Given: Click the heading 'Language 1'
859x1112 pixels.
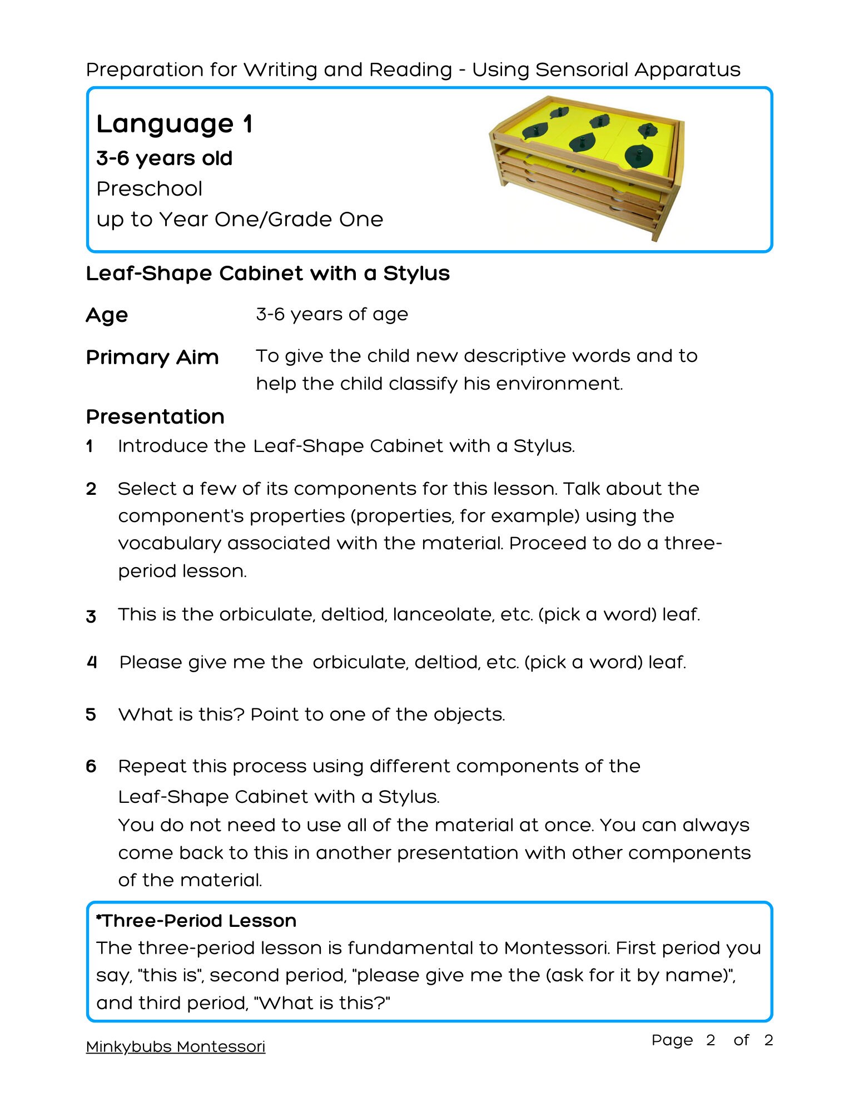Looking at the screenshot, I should click(x=175, y=124).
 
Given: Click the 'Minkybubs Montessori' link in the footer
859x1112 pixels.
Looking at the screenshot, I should click(x=175, y=1047).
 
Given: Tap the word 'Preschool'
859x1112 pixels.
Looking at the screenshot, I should click(x=149, y=189).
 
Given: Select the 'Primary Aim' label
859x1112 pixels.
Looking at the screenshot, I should click(x=152, y=357).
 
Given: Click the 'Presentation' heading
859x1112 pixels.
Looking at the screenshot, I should click(x=155, y=416).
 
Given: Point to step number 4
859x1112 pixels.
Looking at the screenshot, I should click(x=92, y=662).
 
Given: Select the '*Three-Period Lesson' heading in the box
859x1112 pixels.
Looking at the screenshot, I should click(x=196, y=921).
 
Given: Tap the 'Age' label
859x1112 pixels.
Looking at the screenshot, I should click(x=107, y=315).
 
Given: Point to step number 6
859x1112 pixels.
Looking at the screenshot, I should click(x=91, y=766).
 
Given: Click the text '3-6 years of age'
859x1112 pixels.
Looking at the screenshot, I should click(x=332, y=315).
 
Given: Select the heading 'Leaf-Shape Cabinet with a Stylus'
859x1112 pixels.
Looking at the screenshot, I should click(x=267, y=274).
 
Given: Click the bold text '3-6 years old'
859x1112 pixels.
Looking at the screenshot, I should click(x=164, y=158).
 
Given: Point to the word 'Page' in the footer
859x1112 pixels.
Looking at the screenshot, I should click(x=672, y=1040).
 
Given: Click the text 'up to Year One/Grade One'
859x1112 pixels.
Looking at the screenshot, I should click(x=240, y=220).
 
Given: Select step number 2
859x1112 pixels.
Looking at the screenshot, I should click(x=91, y=489).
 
